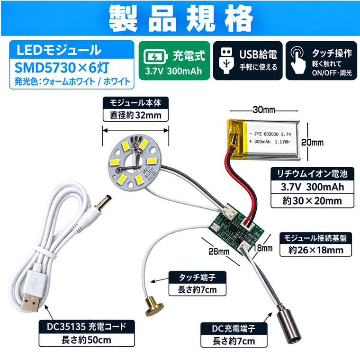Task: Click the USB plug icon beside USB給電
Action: [226, 61]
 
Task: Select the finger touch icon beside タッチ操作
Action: [298, 60]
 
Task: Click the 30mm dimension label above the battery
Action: [264, 110]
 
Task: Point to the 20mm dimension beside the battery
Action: [312, 143]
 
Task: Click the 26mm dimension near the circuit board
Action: [219, 252]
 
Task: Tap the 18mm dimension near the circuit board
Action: [262, 248]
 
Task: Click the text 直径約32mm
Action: [135, 115]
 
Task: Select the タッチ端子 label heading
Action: [198, 278]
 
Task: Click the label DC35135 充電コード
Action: [87, 326]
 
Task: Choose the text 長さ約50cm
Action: [86, 340]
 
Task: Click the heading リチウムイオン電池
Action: [312, 174]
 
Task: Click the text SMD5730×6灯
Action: [62, 68]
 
